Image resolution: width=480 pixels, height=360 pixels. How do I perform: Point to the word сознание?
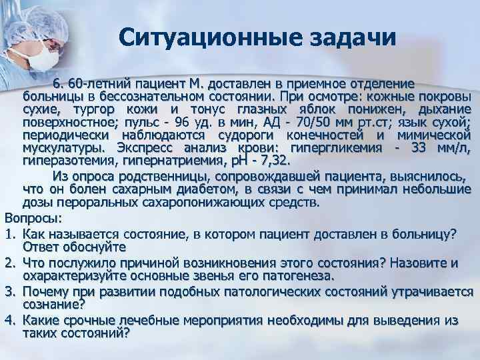pyautogui.click(x=54, y=305)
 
